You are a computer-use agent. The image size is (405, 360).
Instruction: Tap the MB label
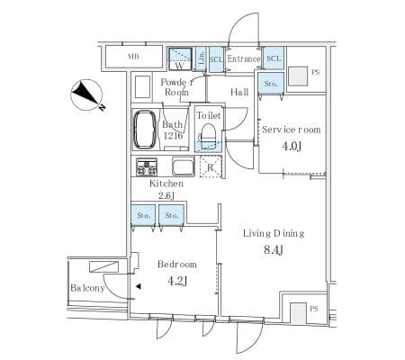coord(133,58)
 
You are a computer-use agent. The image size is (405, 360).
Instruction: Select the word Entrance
coord(243,59)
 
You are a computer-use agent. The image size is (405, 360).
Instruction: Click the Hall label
coord(239,92)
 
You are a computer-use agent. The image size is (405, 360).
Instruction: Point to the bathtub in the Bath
coord(146,131)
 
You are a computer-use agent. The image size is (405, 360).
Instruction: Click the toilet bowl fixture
coord(208,135)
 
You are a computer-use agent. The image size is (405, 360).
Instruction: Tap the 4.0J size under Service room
coord(291,147)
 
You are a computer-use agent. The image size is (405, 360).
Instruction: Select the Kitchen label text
coord(166,183)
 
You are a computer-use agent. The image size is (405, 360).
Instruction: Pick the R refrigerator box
coord(209,167)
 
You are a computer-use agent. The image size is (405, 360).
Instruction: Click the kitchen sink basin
coord(183,167)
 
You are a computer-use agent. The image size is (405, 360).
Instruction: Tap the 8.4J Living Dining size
coord(274,250)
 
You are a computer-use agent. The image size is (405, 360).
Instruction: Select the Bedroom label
coord(176,265)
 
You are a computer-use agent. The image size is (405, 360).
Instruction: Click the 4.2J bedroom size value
coord(176,281)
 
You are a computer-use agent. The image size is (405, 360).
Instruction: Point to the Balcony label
coord(87,288)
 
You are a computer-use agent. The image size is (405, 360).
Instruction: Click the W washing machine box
coord(180,59)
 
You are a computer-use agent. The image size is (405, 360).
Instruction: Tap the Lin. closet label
coord(202,59)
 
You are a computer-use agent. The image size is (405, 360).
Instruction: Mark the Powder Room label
coord(175,87)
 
